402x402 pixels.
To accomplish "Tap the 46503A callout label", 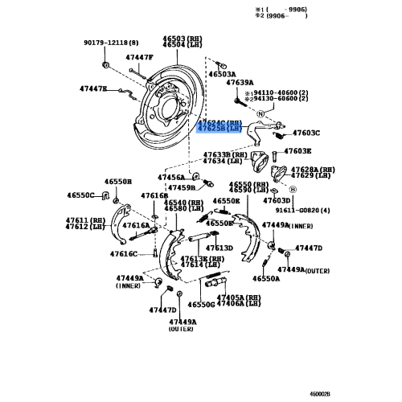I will coord(222,73).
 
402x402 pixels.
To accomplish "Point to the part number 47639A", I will coord(240,83).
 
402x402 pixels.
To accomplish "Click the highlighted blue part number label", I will coord(219,126).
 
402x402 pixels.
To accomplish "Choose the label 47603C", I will coord(306,133).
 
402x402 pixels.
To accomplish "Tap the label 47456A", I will coord(170,177).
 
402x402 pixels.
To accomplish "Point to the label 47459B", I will coord(181,188).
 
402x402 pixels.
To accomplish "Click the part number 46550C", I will coord(80,195).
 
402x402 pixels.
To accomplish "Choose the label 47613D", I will coord(219,248).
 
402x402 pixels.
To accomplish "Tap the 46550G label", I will coord(202,306).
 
